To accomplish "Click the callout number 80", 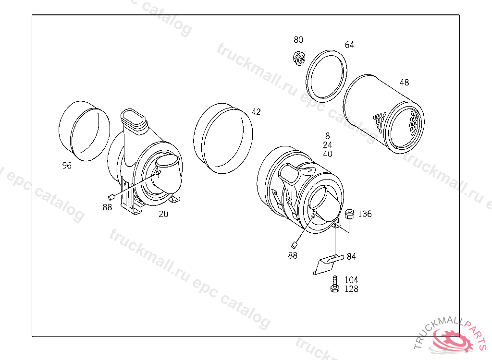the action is (x=298, y=40).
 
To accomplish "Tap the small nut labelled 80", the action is (x=299, y=59).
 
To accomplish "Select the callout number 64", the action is (x=349, y=45).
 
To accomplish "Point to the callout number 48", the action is (x=404, y=83).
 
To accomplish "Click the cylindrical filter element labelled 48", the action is (x=383, y=114).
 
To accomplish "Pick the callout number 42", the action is (x=256, y=112).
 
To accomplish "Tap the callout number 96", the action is (x=67, y=165).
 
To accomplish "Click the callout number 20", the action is (x=163, y=214).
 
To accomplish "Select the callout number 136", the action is (x=365, y=214).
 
